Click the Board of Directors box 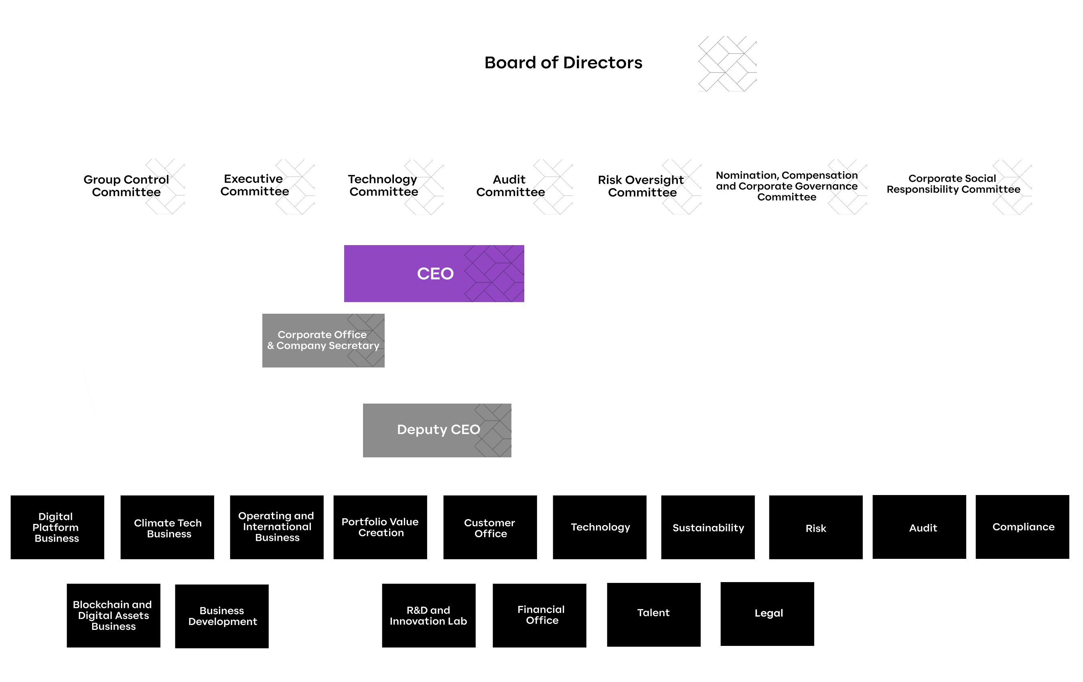555,63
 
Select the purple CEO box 434,274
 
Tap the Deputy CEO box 437,430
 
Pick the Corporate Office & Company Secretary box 323,341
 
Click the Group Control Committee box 125,186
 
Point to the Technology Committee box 383,186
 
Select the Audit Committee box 512,186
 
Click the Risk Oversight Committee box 641,186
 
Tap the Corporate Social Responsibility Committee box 953,186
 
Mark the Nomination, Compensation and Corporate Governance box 787,186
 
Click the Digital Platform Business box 57,527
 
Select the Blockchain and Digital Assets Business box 114,615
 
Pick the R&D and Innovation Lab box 429,615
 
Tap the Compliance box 1023,527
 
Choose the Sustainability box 708,527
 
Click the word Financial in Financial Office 541,609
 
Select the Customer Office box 490,527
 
